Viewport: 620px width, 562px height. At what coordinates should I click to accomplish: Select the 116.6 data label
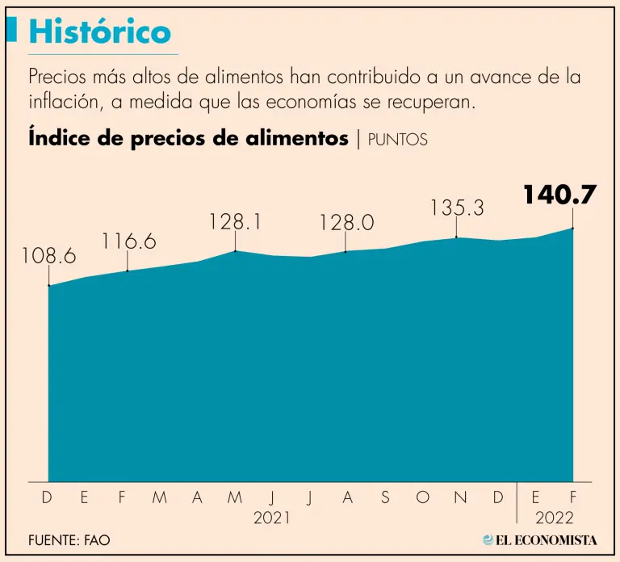(128, 241)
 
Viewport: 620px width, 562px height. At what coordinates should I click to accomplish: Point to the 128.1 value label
(235, 221)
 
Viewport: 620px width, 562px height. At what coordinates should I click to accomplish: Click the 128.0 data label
(346, 223)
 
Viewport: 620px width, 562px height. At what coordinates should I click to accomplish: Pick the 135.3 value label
(457, 208)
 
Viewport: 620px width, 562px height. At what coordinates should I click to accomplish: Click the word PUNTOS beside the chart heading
(397, 140)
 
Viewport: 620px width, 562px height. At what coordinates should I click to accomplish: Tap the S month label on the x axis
(385, 498)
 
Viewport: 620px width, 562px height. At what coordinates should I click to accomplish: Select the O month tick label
(422, 498)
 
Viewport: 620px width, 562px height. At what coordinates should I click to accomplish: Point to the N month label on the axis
(460, 498)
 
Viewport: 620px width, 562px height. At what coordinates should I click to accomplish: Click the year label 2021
(272, 518)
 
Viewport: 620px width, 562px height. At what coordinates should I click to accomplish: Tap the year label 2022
(554, 518)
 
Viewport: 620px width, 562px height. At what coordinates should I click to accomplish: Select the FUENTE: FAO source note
(69, 540)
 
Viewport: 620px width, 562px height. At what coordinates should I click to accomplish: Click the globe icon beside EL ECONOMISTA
(488, 539)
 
